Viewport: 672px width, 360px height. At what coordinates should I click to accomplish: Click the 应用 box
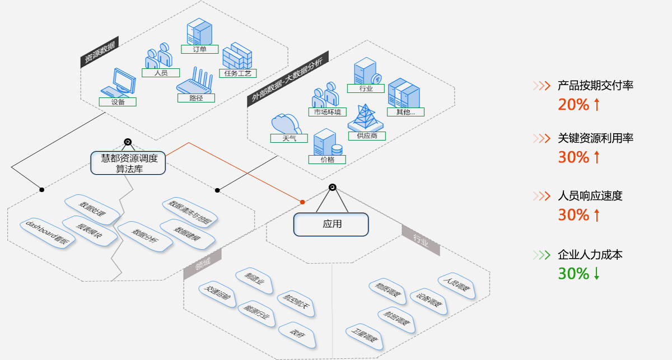332,224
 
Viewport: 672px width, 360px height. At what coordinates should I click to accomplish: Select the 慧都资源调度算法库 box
129,163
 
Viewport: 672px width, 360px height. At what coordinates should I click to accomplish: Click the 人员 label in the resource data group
160,73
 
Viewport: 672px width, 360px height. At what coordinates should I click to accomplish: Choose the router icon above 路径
196,81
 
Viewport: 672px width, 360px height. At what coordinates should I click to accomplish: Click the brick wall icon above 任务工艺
237,56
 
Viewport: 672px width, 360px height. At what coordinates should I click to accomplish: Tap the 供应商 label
367,135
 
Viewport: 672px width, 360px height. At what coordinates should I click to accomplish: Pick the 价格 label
328,160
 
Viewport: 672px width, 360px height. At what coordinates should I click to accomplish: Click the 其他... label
405,112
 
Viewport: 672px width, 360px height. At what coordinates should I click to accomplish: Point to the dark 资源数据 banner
99,54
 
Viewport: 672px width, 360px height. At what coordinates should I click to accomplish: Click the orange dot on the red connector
302,202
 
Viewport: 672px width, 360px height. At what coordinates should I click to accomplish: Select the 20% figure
573,105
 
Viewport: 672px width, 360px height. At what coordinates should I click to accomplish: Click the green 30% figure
573,274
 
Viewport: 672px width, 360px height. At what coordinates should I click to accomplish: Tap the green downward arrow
597,274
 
